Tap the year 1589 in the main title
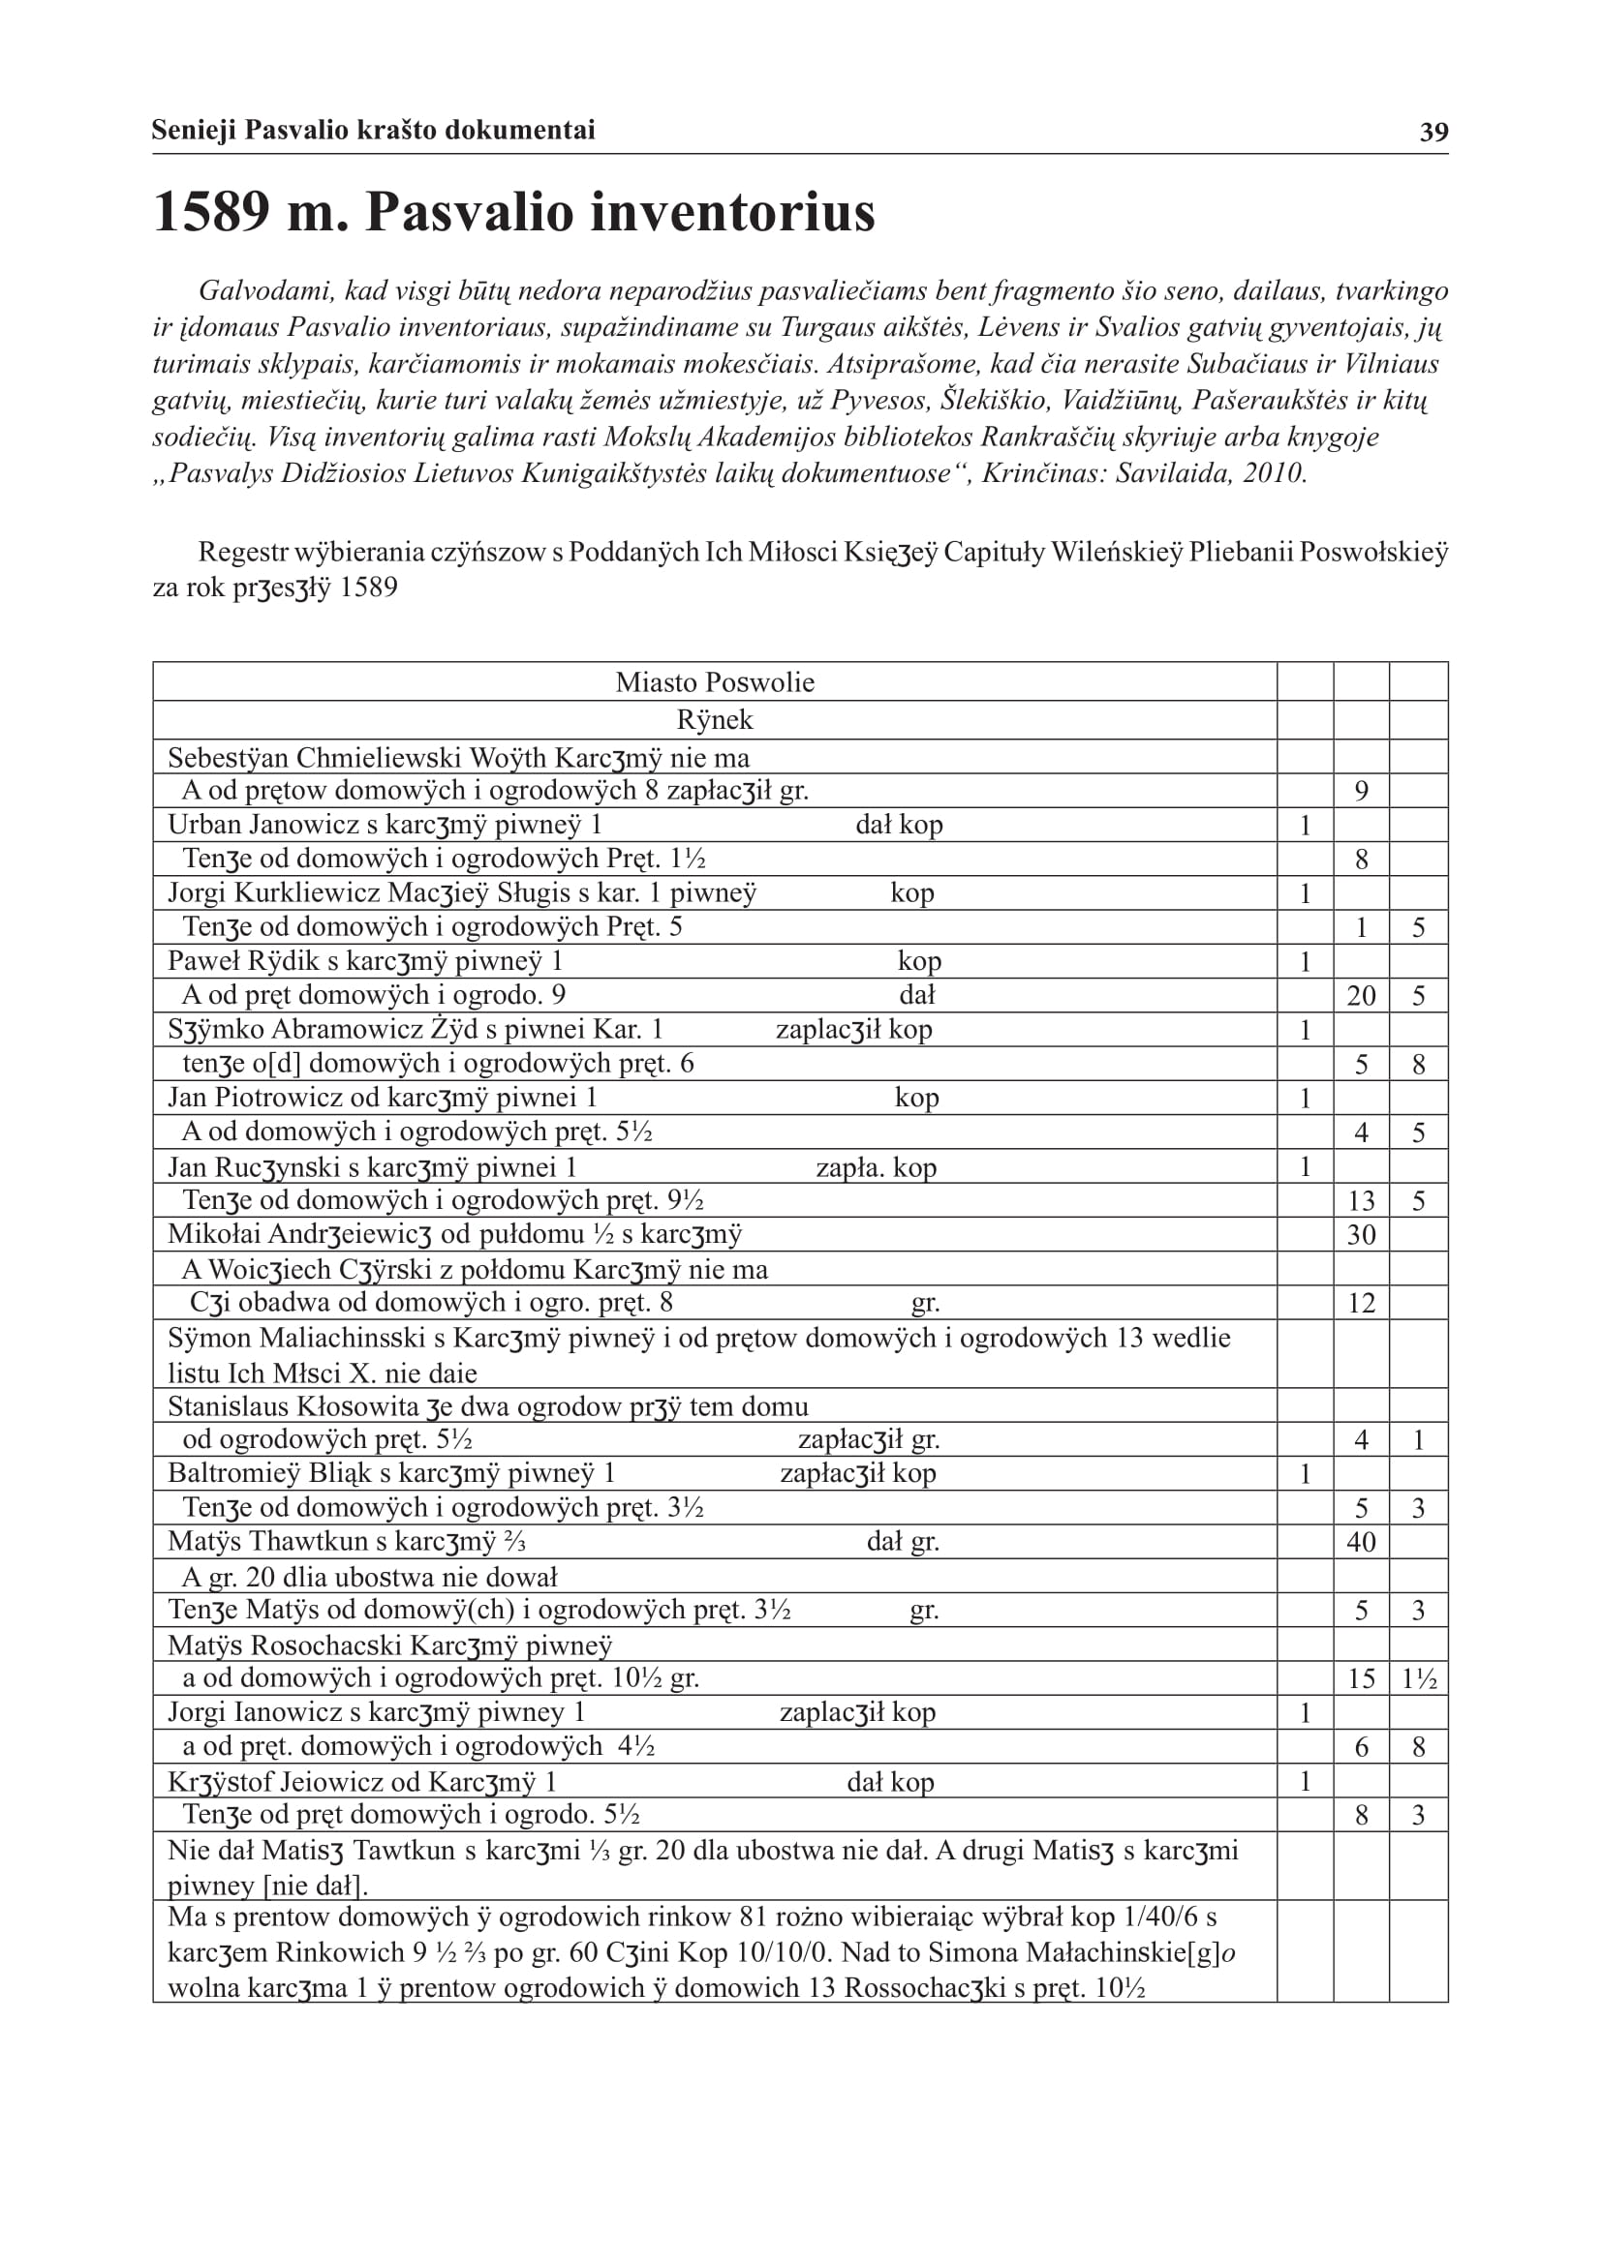pos(211,212)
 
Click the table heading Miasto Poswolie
pos(714,682)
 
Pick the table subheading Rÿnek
pos(714,720)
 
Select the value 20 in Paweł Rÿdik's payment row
pos(1360,996)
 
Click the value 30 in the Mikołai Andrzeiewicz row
pos(1360,1234)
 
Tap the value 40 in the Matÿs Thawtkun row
pos(1360,1542)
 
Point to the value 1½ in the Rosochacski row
pos(1419,1679)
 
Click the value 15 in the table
pos(1360,1679)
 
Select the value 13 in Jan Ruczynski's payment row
pos(1360,1201)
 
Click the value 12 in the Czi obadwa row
pos(1360,1304)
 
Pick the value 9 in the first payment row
pos(1360,791)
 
